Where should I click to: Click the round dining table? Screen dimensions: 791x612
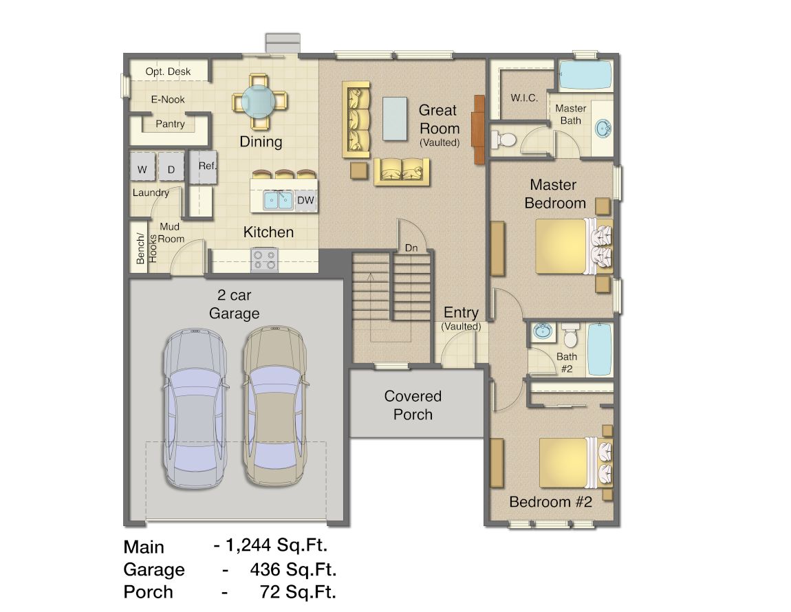coord(259,101)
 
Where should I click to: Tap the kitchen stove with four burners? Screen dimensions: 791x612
coord(264,259)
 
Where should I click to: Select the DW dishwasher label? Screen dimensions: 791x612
coord(305,200)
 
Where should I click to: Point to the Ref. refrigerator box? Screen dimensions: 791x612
coord(204,166)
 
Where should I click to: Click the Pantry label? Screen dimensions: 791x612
coord(170,124)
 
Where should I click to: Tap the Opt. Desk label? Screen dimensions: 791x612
coord(168,72)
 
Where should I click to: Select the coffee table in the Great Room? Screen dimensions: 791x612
coord(395,118)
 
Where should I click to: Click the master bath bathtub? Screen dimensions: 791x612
coord(585,75)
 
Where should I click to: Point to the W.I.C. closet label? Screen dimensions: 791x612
coord(524,98)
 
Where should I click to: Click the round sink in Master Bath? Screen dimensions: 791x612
coord(603,128)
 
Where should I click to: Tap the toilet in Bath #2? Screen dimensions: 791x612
coord(570,335)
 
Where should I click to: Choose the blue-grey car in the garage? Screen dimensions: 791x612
coord(194,408)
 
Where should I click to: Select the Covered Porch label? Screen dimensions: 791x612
coord(413,405)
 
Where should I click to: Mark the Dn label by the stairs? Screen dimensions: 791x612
coord(411,248)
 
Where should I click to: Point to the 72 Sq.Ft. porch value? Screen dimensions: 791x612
coord(298,592)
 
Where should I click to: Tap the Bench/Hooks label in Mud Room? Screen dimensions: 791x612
coord(147,248)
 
